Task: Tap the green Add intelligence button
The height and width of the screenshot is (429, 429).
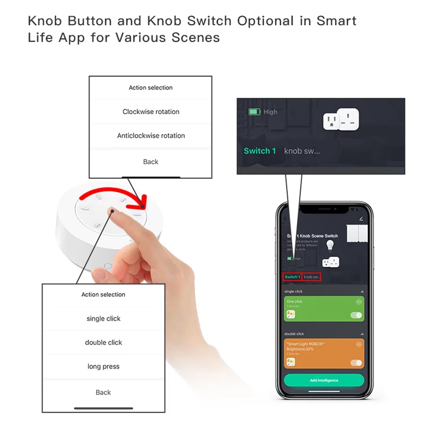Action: click(x=324, y=380)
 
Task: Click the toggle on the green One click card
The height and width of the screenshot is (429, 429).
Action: click(x=356, y=315)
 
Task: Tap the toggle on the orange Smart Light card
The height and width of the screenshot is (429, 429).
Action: click(x=356, y=363)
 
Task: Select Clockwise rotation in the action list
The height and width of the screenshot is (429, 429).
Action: click(x=151, y=112)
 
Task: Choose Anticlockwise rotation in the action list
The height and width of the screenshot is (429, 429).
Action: click(x=151, y=136)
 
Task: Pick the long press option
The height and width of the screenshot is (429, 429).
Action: click(x=103, y=366)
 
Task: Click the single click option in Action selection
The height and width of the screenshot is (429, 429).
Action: click(x=103, y=318)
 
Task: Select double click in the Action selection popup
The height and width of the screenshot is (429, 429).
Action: click(x=103, y=342)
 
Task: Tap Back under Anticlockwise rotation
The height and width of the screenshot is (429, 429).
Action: click(x=151, y=162)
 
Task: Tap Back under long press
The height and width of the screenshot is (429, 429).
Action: click(x=103, y=392)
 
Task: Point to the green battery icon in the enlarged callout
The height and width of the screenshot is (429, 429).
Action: click(x=255, y=112)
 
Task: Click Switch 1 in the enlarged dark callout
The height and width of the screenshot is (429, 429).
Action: click(x=260, y=151)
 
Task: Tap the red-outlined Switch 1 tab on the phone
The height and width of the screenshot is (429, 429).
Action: click(x=292, y=277)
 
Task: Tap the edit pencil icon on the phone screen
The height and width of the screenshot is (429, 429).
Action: click(x=361, y=219)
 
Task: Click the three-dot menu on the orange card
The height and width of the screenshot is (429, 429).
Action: click(x=359, y=344)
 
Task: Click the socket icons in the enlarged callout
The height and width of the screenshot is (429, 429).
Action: click(x=341, y=119)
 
